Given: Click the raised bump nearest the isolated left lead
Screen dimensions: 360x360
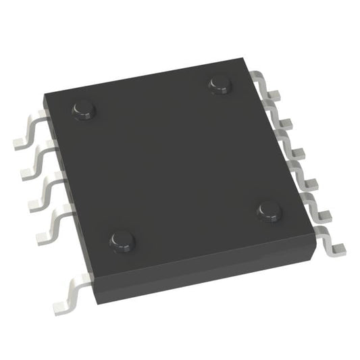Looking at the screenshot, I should tap(122, 239).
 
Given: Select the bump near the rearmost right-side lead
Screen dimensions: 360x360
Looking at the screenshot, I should tap(220, 82).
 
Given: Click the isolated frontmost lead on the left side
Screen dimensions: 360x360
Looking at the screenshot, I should tap(68, 297).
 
